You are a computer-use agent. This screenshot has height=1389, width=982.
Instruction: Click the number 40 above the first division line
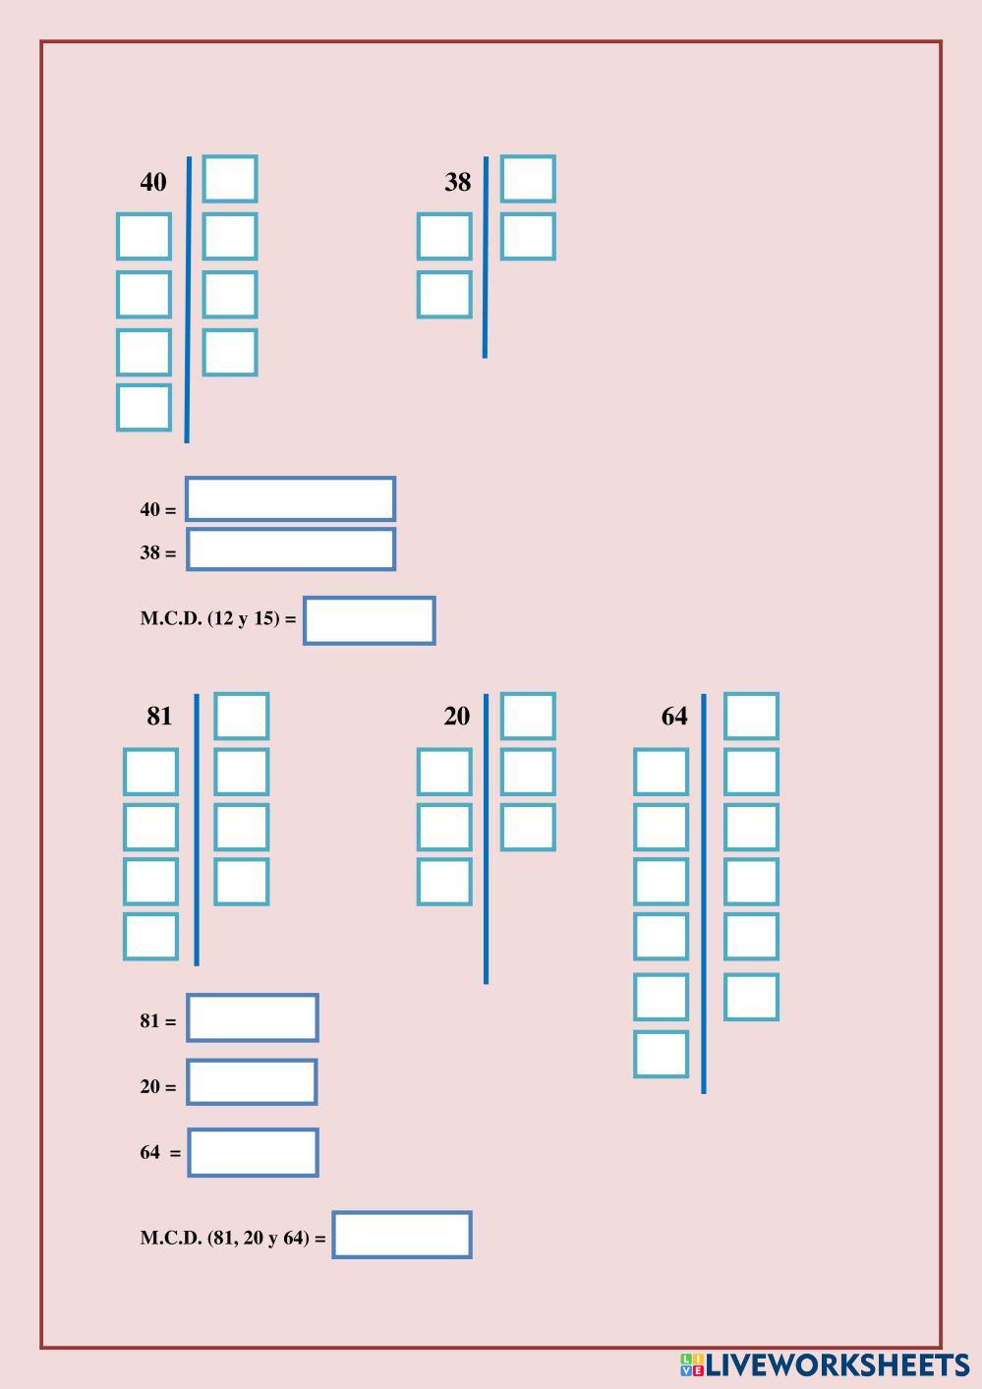tap(153, 182)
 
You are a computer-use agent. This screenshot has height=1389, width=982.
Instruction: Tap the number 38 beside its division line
tap(457, 182)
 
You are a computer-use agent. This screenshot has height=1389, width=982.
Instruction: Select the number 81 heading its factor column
tap(159, 716)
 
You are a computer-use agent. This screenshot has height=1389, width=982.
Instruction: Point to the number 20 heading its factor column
tap(456, 716)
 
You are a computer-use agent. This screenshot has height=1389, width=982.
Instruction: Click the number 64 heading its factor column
tap(674, 716)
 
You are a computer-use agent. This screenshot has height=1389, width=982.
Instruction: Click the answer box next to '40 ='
tap(291, 499)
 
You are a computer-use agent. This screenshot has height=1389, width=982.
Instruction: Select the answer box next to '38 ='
tap(291, 550)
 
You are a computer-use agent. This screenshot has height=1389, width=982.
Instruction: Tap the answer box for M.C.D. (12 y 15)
tap(370, 620)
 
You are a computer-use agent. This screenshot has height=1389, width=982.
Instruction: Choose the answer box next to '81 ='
tap(253, 1017)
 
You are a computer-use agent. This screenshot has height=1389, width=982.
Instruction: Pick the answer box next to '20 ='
tap(253, 1082)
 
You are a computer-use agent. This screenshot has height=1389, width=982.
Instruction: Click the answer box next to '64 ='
tap(254, 1152)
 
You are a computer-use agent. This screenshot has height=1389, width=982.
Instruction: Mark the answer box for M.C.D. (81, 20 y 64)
tap(402, 1235)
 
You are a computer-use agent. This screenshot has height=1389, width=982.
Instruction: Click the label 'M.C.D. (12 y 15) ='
tap(218, 618)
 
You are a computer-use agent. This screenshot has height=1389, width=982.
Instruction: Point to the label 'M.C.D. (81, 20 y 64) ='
tap(233, 1238)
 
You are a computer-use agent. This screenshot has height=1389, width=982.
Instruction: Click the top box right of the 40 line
tap(230, 179)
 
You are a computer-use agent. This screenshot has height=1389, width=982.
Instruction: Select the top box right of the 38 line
tap(528, 179)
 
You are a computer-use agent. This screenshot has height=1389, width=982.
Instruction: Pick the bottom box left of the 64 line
tap(661, 1054)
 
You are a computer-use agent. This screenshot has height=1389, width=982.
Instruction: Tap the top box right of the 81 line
tap(242, 716)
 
